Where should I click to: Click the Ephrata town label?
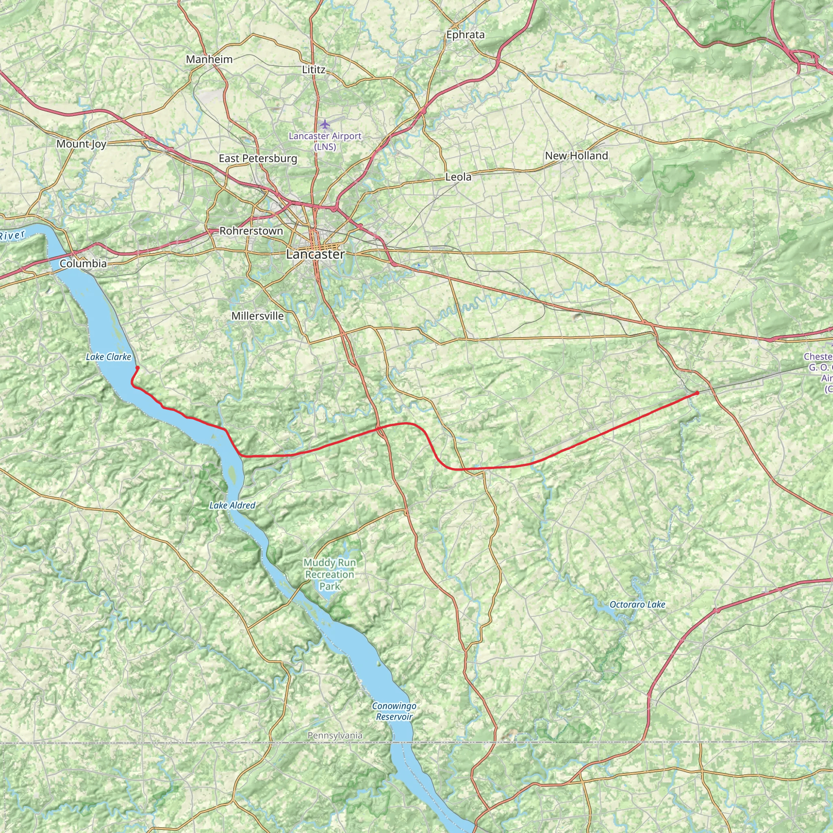tap(465, 35)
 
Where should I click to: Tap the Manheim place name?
tap(209, 59)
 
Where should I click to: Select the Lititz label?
tap(314, 70)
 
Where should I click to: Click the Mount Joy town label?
tap(81, 144)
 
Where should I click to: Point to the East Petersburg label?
tap(258, 158)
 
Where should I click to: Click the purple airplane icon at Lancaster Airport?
tap(325, 124)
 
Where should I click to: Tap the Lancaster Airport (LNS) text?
tap(325, 141)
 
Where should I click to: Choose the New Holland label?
tap(576, 156)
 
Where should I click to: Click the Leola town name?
tap(458, 177)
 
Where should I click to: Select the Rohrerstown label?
tap(251, 231)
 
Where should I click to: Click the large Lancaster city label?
tap(315, 254)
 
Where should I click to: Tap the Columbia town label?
tap(83, 264)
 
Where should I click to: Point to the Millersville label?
tap(257, 316)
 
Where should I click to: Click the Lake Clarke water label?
tap(108, 357)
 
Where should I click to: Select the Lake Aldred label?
tap(232, 505)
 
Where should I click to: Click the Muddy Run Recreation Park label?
tap(329, 574)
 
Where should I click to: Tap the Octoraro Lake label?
tap(637, 604)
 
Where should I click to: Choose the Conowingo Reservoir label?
tap(394, 711)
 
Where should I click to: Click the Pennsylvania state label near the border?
tap(335, 735)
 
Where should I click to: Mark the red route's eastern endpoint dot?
tap(697, 393)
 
